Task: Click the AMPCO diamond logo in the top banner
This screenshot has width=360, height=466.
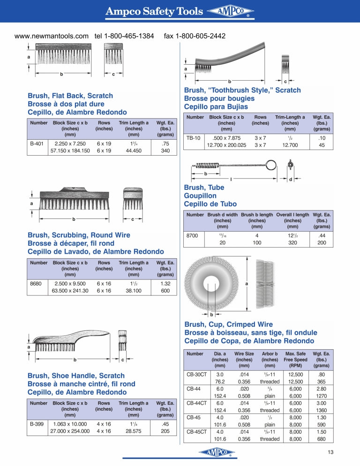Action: click(x=230, y=11)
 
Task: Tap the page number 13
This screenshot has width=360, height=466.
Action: click(x=330, y=452)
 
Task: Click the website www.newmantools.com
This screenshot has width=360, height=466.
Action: click(x=52, y=36)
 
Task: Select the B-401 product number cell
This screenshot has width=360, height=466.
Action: click(x=37, y=144)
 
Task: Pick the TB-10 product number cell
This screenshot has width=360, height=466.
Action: click(x=193, y=138)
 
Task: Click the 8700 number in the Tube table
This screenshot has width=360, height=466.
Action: click(x=192, y=236)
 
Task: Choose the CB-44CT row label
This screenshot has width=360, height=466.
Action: click(x=196, y=403)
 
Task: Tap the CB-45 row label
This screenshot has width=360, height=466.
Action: click(x=194, y=418)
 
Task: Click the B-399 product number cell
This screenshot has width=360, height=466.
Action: click(x=37, y=424)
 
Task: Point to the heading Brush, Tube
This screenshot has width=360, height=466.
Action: click(x=204, y=188)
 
